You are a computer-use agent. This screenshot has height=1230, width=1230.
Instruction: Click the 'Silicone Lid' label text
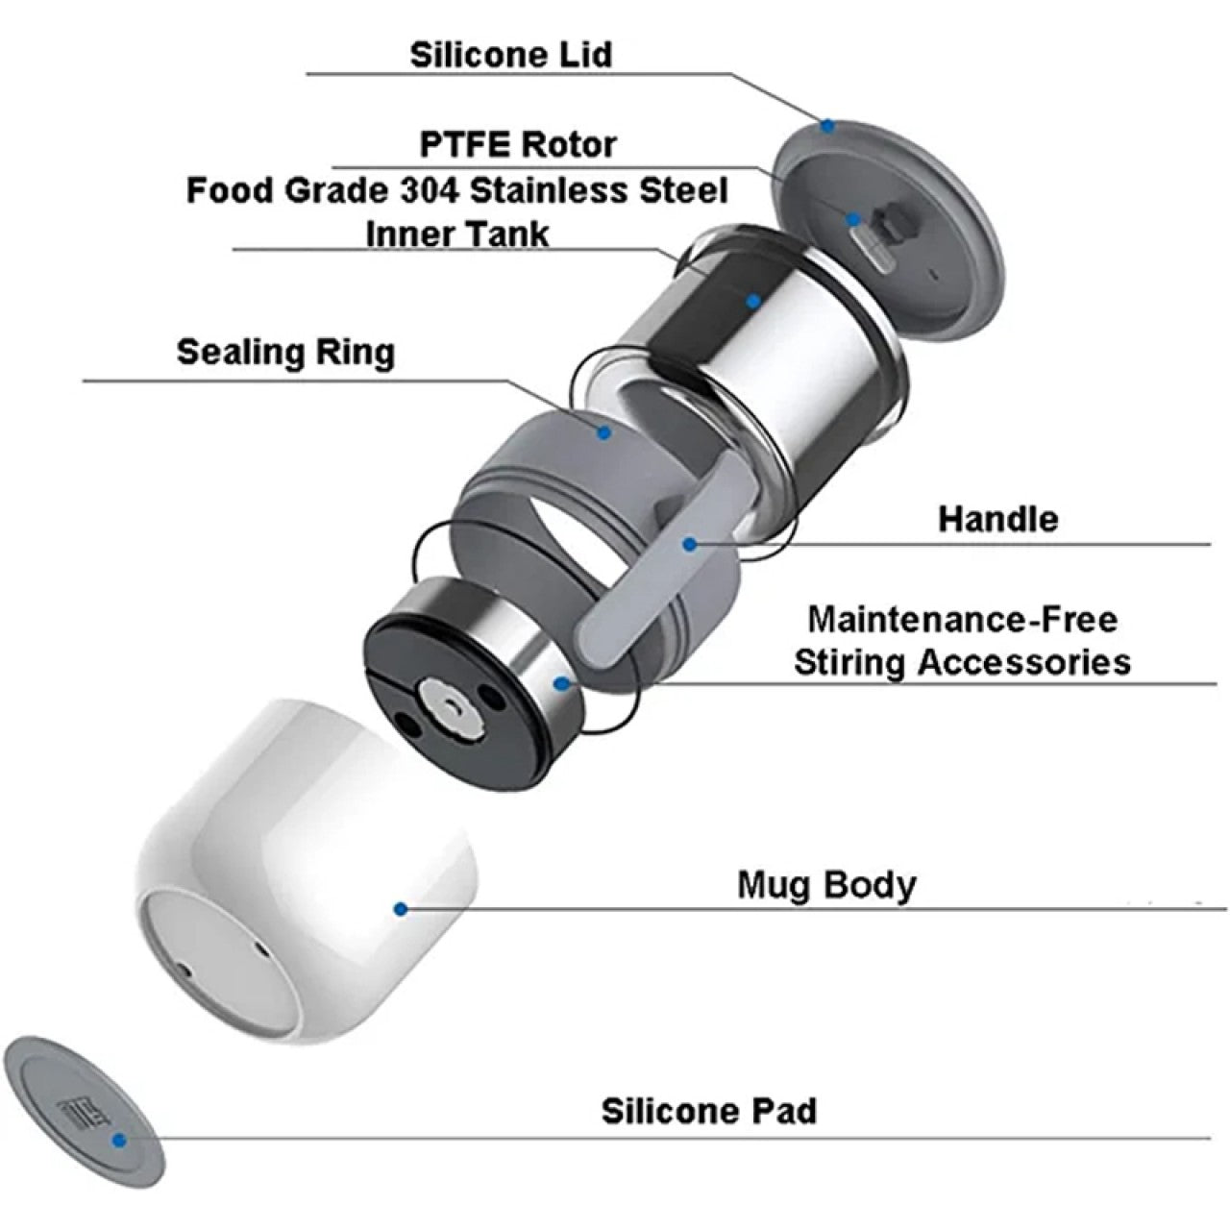point(510,55)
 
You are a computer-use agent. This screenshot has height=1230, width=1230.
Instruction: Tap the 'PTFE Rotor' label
point(518,144)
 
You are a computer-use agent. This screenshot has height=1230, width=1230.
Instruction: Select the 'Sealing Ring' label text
point(285,353)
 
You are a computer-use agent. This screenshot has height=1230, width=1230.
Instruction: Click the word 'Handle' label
point(997,519)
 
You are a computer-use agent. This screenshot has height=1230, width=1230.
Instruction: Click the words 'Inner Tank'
point(457,234)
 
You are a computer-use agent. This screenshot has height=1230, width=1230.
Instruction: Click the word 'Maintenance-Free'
point(963,619)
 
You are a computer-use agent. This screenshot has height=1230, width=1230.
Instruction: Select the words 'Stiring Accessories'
point(963,662)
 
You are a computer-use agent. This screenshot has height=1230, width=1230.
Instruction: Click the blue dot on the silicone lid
point(827,127)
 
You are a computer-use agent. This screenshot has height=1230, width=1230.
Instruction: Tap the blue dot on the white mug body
point(401,909)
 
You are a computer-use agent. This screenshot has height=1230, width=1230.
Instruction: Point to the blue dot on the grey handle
point(689,545)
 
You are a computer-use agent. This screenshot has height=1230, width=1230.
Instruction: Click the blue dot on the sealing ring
point(603,433)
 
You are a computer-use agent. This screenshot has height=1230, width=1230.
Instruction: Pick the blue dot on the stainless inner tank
point(754,301)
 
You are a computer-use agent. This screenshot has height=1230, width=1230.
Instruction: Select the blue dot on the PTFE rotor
point(852,220)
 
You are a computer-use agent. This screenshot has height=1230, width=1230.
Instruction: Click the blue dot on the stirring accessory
point(562,684)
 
